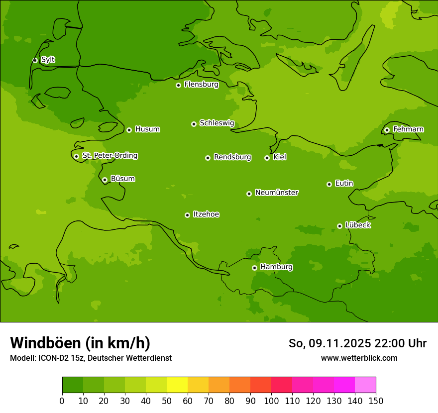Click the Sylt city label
point(48,60)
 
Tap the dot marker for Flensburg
point(178,85)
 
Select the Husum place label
point(147,129)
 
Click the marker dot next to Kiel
point(267,158)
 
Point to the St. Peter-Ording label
point(109,156)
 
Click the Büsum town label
point(122,179)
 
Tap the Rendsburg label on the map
point(232,157)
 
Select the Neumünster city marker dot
point(249,194)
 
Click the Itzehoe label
point(206,214)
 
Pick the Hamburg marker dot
point(254,268)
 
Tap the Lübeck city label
point(358,225)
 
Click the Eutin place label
point(344,184)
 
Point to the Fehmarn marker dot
point(387,130)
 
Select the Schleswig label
point(217,123)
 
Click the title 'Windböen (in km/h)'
point(80,343)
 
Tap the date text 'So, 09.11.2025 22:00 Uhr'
point(357,343)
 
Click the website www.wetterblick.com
point(359,358)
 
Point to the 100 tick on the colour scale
point(271,401)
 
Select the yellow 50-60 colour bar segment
point(177,385)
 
